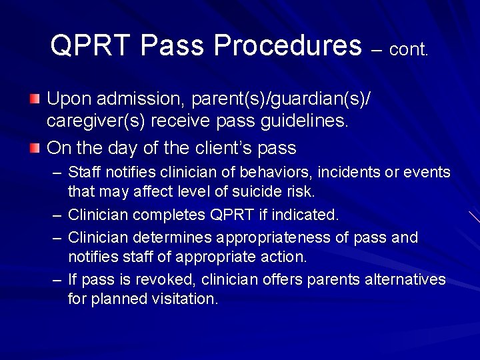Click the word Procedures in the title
point(288,46)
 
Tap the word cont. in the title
point(409,50)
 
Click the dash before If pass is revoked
point(57,279)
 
